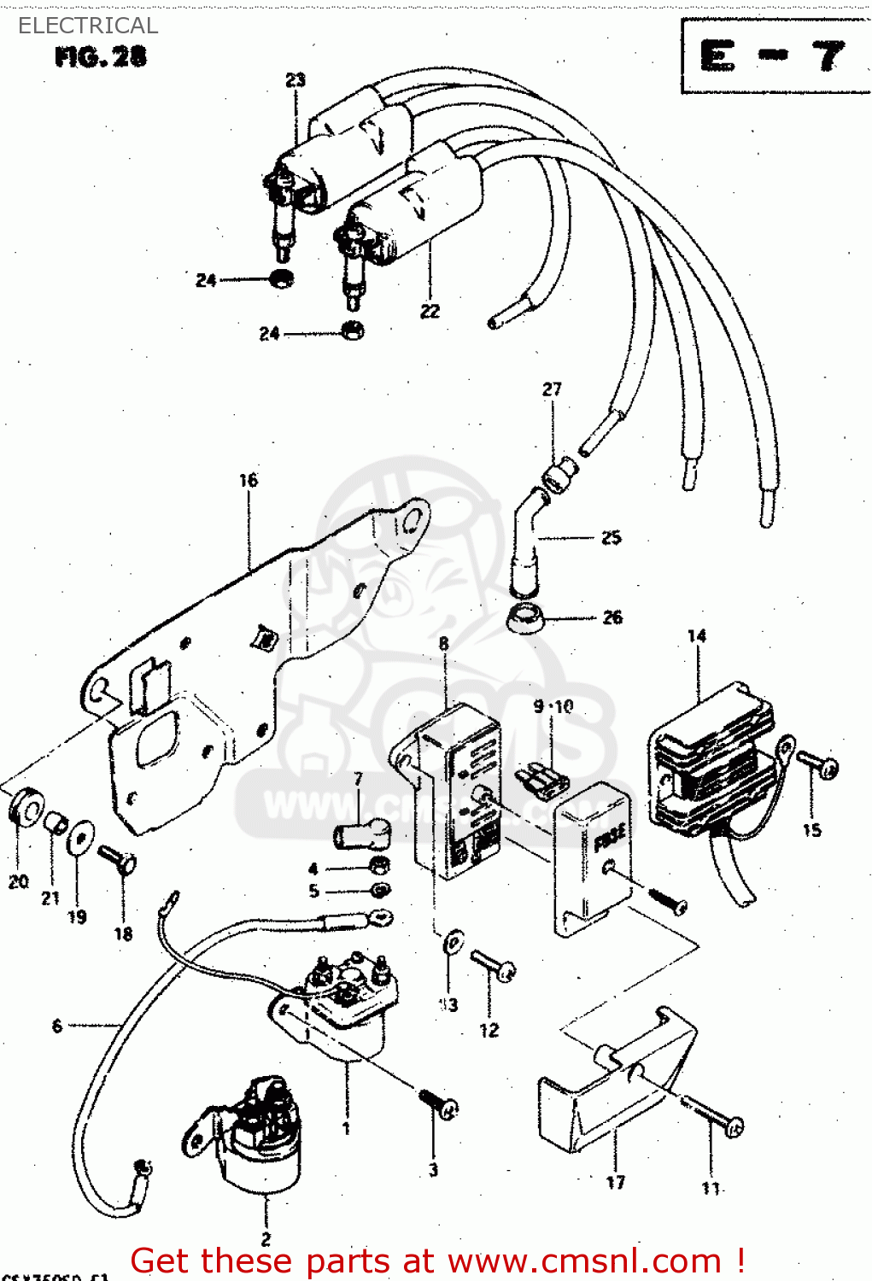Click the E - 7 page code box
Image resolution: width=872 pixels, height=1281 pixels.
click(773, 57)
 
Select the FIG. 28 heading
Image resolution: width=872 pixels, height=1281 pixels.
click(100, 57)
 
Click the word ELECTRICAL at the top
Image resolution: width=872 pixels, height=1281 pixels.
click(88, 26)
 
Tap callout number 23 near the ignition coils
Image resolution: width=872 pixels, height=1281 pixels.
click(295, 79)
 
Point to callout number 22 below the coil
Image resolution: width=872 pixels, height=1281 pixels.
click(430, 312)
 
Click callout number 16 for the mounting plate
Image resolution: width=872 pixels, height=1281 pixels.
click(248, 480)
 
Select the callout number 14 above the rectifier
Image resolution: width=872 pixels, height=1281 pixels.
click(697, 635)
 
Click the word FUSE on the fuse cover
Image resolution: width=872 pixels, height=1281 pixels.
click(610, 837)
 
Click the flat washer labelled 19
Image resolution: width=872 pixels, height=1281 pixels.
click(80, 837)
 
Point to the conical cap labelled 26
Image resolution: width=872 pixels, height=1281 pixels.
click(525, 617)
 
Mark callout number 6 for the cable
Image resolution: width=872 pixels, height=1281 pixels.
click(57, 1026)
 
